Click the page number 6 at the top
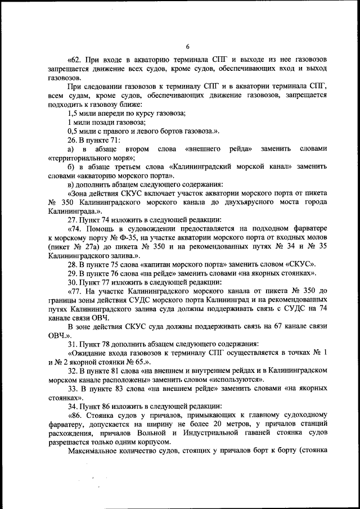pos(187,46)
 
